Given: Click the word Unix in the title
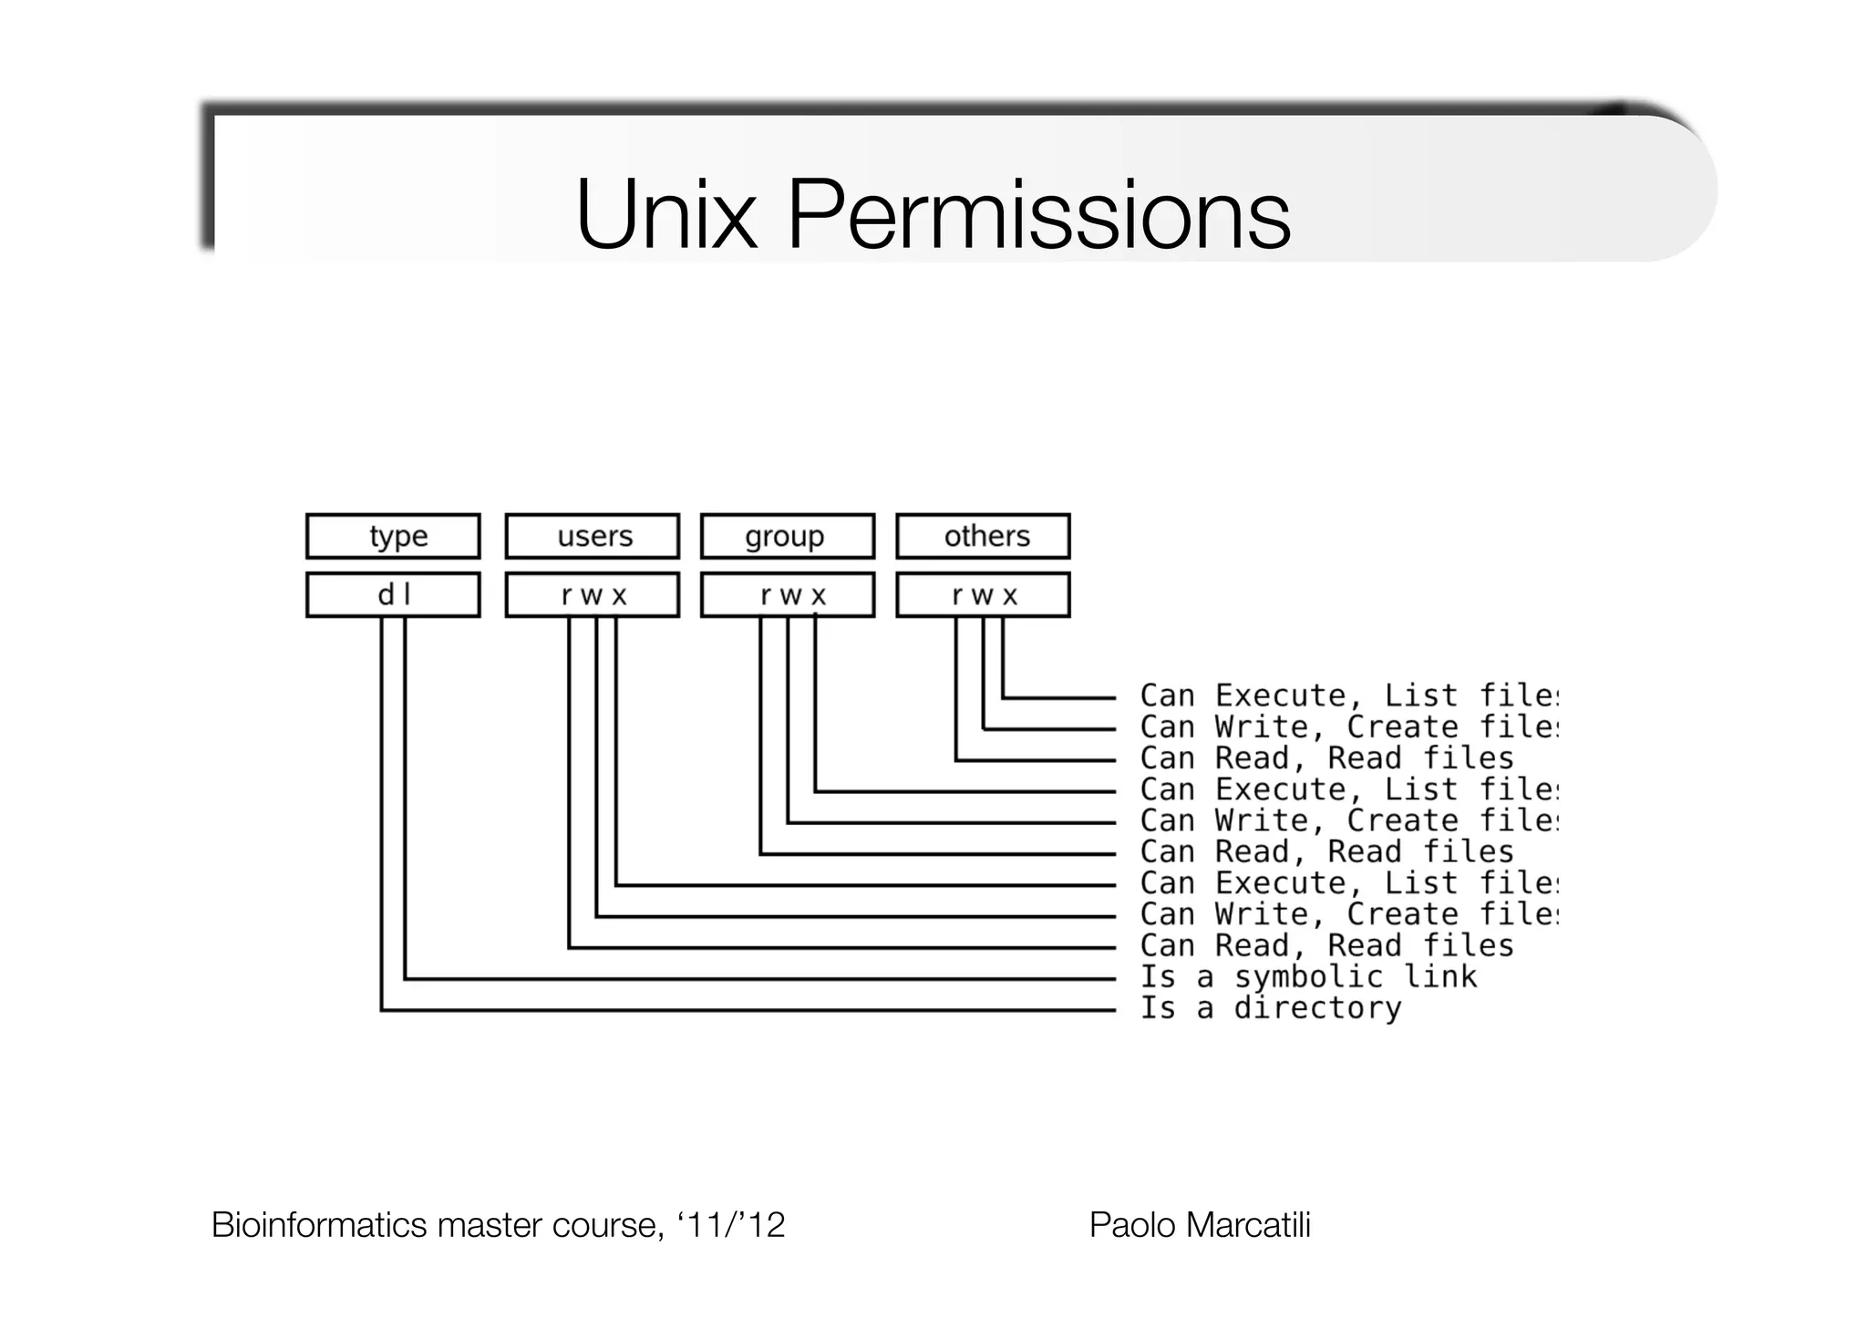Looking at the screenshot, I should (666, 216).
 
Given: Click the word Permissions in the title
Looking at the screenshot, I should (1038, 216).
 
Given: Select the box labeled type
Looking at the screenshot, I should (393, 536).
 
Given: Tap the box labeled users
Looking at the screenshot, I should (593, 536).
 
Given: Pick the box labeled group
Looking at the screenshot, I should (788, 536).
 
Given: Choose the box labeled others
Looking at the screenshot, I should (983, 536).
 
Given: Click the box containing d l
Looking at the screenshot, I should (393, 595).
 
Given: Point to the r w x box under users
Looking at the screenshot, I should (593, 595).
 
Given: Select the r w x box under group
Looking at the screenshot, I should (788, 595).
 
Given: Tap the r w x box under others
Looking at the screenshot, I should (983, 595).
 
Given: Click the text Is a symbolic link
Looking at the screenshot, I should (1307, 977).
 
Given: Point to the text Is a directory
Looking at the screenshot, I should (1270, 1008).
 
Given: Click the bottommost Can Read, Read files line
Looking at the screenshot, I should (1325, 946).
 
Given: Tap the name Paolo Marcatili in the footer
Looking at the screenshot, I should (1200, 1225).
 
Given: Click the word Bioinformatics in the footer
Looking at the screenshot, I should (320, 1225).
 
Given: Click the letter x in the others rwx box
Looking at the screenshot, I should (1009, 596).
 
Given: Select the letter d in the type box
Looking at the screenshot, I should (386, 595).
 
